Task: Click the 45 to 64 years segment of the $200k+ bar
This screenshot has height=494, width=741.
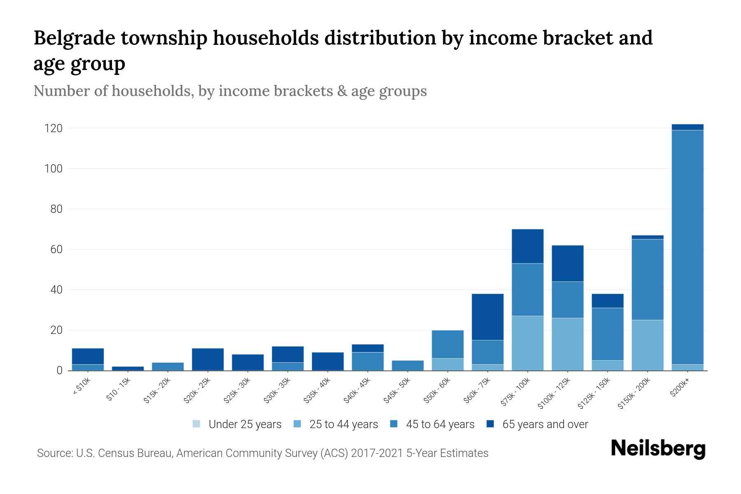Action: tap(687, 247)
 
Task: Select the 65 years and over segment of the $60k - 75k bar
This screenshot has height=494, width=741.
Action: tap(487, 317)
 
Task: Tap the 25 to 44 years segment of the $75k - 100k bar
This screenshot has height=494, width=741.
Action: tap(527, 343)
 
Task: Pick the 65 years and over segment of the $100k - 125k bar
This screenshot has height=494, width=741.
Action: tap(568, 263)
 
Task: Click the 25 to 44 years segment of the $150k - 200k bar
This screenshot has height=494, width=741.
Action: tap(648, 345)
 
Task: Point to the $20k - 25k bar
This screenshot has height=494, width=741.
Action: tap(207, 359)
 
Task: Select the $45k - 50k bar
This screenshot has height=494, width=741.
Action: tap(408, 366)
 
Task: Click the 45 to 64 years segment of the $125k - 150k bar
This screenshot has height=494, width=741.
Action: tap(608, 334)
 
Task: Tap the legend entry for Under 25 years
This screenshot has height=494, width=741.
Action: tap(237, 424)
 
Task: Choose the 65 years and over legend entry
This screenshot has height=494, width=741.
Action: tap(537, 424)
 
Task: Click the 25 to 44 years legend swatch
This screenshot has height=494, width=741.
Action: tap(298, 424)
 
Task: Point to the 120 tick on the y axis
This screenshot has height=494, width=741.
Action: tap(53, 128)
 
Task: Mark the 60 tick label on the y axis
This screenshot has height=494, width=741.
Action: tap(56, 249)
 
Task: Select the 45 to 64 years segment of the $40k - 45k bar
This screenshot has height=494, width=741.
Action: tap(368, 361)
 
